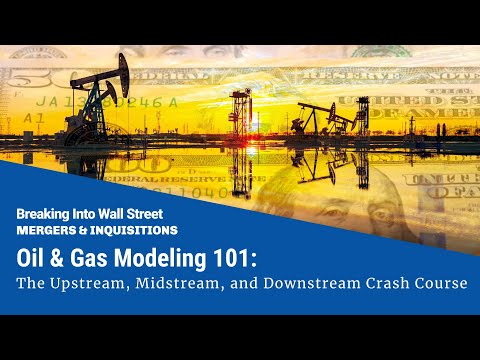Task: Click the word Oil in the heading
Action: [33, 256]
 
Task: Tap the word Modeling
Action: [171, 256]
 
